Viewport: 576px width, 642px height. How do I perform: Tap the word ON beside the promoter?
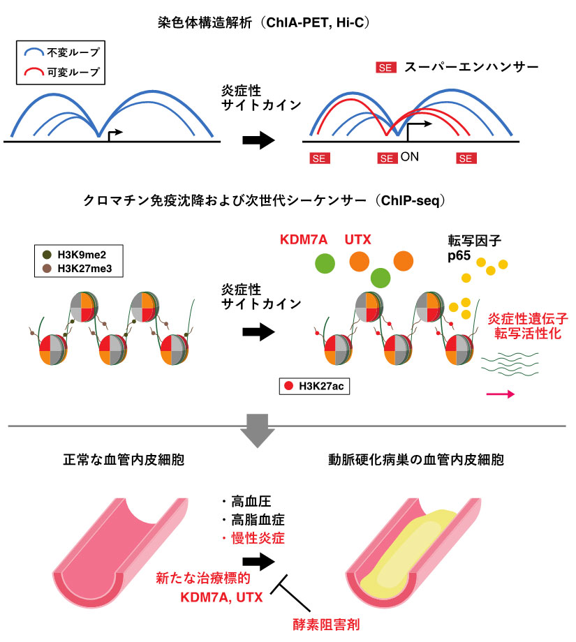pos(410,158)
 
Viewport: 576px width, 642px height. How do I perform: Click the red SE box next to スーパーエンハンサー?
pos(386,68)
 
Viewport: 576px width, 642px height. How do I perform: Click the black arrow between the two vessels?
pos(258,559)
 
